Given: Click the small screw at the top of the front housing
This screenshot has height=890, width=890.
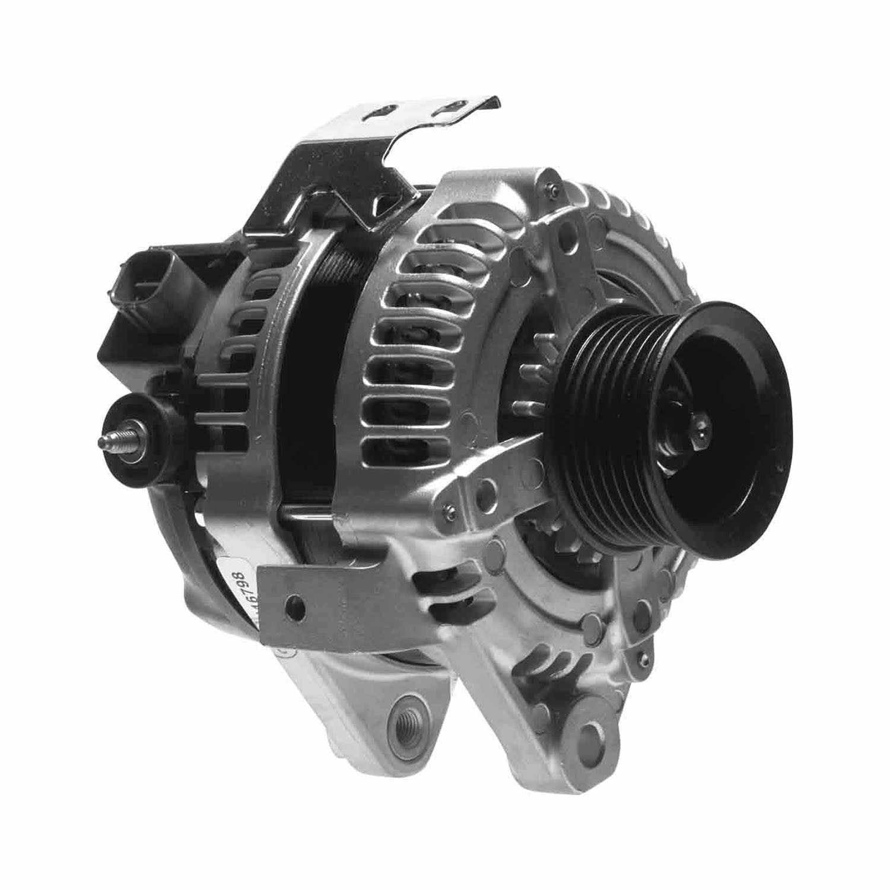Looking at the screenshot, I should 553,188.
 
